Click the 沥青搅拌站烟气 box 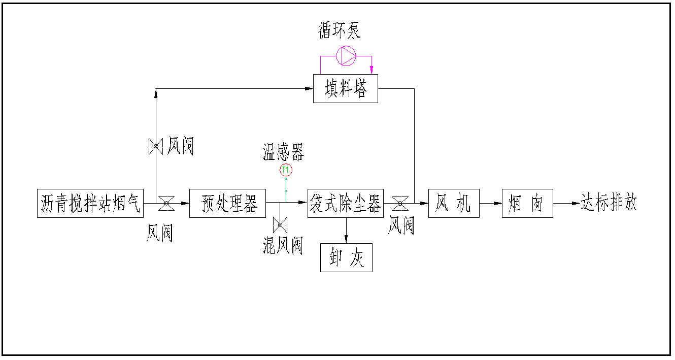click(x=90, y=204)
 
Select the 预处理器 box click(x=227, y=204)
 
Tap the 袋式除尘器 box click(x=345, y=204)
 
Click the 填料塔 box click(x=345, y=89)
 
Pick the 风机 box click(x=454, y=204)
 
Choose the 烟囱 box click(x=527, y=204)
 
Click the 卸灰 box click(x=346, y=258)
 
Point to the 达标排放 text click(x=609, y=203)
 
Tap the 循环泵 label click(x=340, y=31)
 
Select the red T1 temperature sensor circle click(x=286, y=170)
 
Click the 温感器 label click(x=283, y=151)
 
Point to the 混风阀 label click(x=283, y=246)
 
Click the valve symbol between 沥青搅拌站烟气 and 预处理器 click(x=166, y=203)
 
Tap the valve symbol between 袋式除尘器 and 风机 click(x=400, y=203)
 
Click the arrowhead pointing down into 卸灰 click(x=346, y=239)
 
